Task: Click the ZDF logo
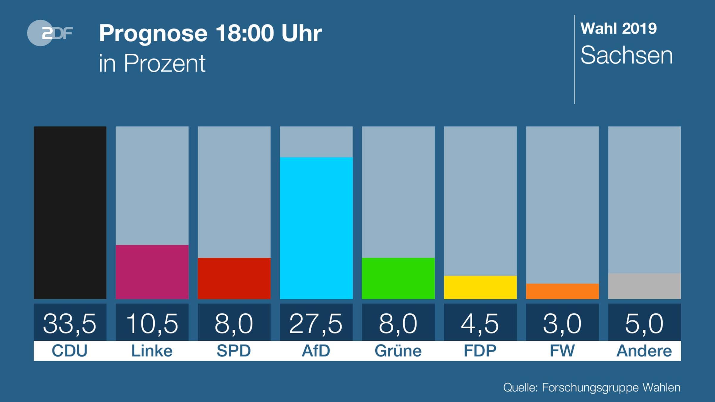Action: click(50, 33)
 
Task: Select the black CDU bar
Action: click(70, 213)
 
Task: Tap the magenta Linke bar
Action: click(152, 272)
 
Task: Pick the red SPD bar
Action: click(234, 278)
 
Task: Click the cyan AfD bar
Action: click(316, 228)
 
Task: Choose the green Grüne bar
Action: click(398, 278)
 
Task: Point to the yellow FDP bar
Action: click(480, 287)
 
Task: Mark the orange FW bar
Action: click(562, 291)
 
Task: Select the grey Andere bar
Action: click(644, 286)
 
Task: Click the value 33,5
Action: click(70, 323)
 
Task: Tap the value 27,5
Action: click(316, 323)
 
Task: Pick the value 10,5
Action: click(152, 323)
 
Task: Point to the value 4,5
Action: click(480, 323)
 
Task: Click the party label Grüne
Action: click(398, 351)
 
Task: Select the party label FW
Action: click(562, 351)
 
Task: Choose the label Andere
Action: click(644, 351)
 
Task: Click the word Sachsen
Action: click(627, 56)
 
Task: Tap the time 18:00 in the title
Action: click(245, 33)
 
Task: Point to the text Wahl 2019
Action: click(618, 29)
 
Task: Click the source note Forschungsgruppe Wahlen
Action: click(611, 387)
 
